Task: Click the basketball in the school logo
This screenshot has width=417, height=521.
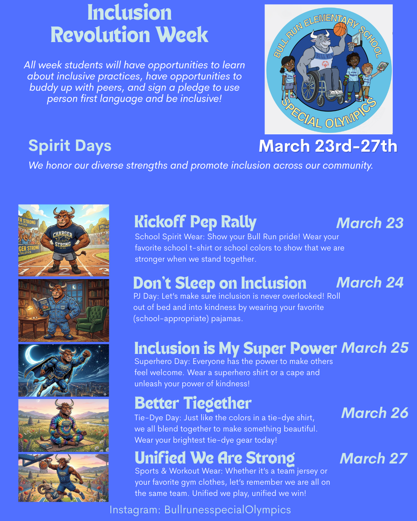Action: tap(340, 29)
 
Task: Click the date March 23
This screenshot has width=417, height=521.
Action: tap(370, 223)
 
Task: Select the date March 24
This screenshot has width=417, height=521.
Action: tap(370, 282)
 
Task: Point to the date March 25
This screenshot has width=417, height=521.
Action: tap(375, 348)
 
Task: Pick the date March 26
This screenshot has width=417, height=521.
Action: tap(375, 413)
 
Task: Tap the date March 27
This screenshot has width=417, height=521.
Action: tap(373, 458)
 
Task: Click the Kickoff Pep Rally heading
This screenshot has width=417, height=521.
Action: tap(195, 222)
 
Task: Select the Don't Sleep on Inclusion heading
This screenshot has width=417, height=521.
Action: tap(219, 283)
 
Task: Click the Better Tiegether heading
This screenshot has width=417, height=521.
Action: tap(193, 403)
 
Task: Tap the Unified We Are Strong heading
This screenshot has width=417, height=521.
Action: tap(215, 458)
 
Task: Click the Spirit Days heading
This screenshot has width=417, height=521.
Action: tap(70, 146)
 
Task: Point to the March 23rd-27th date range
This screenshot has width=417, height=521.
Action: tap(328, 146)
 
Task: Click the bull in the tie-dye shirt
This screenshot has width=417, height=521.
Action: tap(64, 425)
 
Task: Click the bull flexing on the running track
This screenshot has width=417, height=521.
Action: tap(63, 239)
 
